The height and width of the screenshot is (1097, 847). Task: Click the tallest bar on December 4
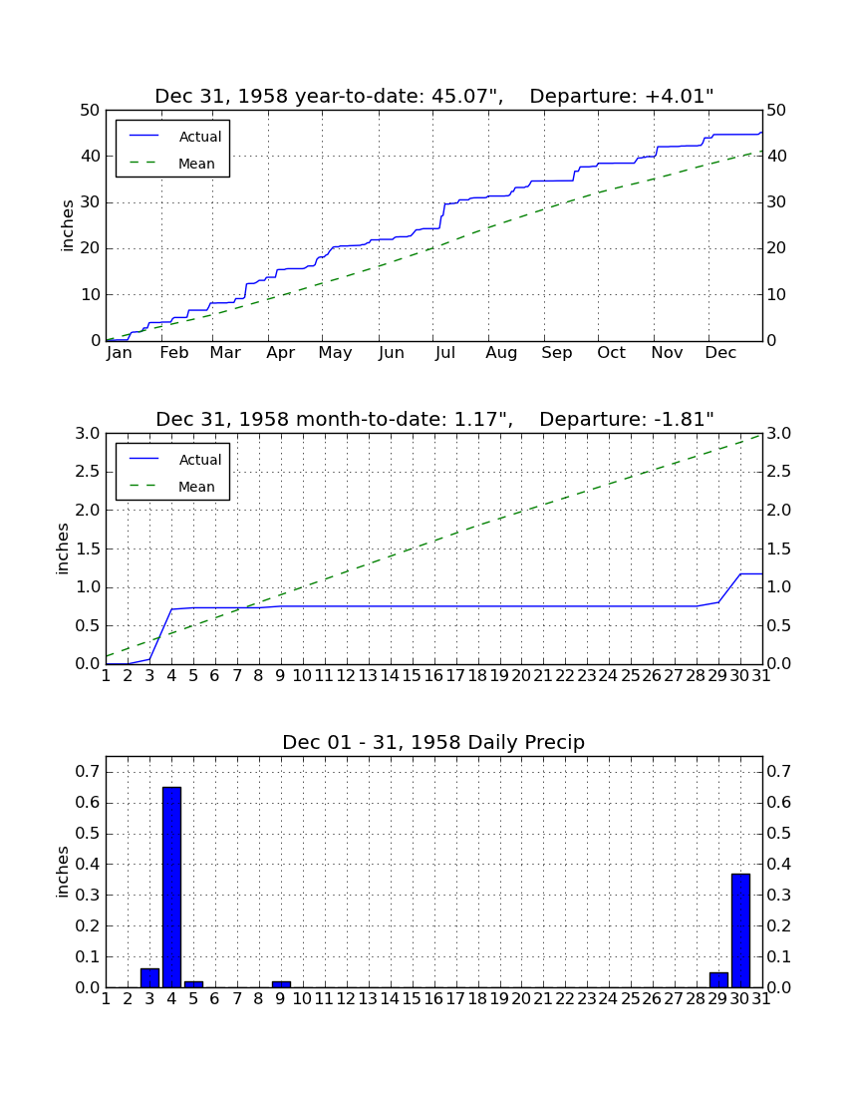pos(172,888)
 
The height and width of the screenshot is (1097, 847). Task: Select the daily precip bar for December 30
pos(740,930)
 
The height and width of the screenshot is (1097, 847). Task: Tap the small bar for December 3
pos(149,978)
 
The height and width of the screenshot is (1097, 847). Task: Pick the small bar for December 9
pos(281,984)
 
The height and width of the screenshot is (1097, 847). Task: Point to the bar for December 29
pos(718,980)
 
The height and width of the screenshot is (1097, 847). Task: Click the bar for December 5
pos(193,984)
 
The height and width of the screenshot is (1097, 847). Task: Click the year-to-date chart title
pos(434,96)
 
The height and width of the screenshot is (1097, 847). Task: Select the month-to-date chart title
pos(434,419)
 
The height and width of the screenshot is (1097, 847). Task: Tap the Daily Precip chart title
pos(433,742)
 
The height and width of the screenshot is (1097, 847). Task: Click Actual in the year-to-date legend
pos(200,138)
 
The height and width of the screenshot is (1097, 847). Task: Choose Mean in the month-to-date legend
pos(196,487)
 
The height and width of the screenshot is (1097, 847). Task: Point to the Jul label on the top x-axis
pos(445,353)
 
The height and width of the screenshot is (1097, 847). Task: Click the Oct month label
pos(611,353)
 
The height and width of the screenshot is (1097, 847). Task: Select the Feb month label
pos(174,353)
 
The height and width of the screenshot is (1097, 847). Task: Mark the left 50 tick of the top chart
pos(91,111)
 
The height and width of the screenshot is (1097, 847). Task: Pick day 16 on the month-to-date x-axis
pos(433,676)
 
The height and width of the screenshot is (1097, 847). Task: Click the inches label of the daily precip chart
pos(63,872)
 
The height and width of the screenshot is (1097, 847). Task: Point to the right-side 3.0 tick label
pos(779,434)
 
